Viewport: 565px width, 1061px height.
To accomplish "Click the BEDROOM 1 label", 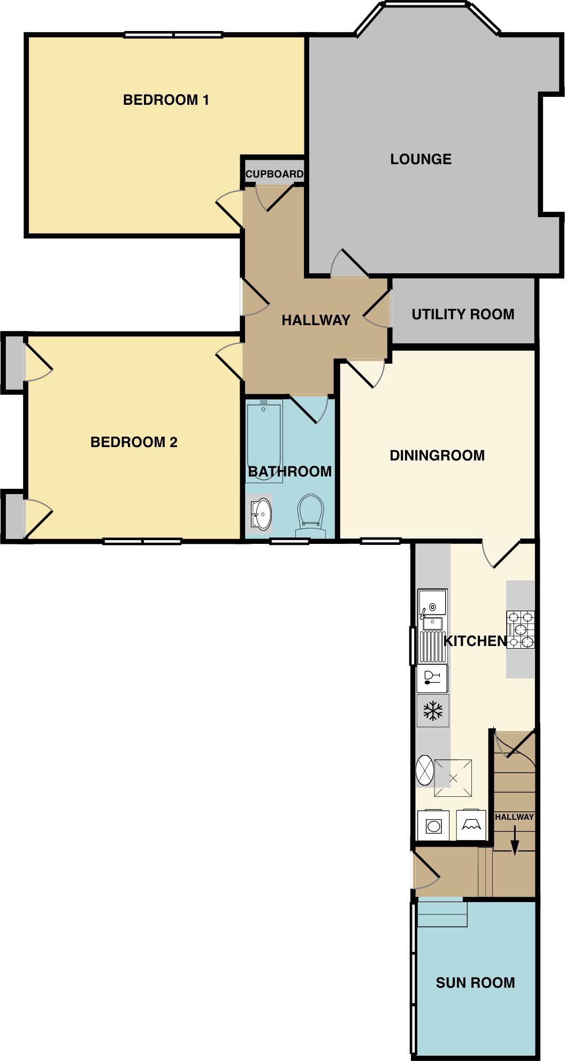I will (166, 100).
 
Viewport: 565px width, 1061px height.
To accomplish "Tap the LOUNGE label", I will (421, 159).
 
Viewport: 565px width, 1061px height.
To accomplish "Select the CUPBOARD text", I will (274, 174).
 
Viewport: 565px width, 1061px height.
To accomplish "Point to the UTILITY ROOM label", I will (463, 314).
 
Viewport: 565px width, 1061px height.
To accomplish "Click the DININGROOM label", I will (437, 456).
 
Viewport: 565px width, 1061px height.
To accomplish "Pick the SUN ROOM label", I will (475, 982).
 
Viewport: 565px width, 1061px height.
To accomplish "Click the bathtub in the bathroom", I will (264, 441).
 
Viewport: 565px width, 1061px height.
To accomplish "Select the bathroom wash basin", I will (262, 514).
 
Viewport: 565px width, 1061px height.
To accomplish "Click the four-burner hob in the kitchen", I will (521, 629).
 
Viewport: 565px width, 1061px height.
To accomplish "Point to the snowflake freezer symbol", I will (433, 711).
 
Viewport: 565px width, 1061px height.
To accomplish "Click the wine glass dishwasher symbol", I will (432, 678).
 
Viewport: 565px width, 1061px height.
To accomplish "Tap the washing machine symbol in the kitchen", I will (434, 826).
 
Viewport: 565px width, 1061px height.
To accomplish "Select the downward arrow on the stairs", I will (515, 841).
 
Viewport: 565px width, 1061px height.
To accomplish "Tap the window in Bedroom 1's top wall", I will (173, 35).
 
